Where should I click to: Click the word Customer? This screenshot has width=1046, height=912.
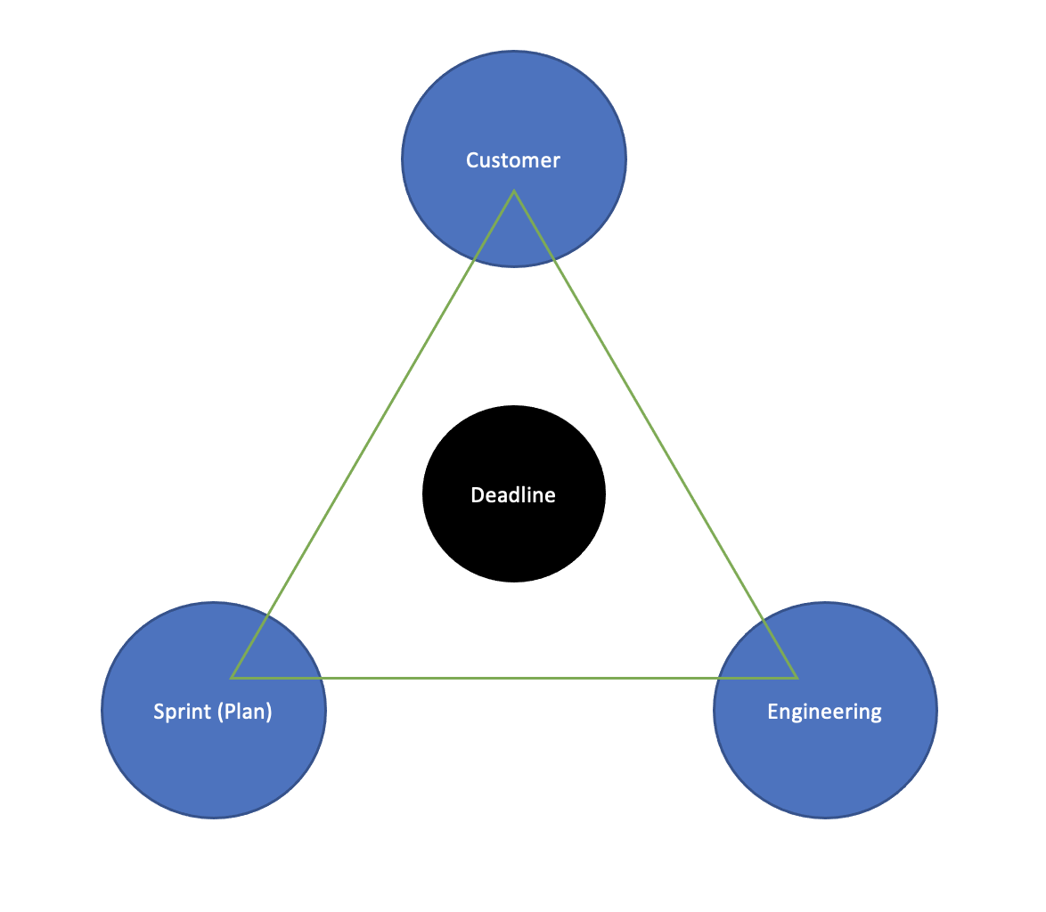point(513,160)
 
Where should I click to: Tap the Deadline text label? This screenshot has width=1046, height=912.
point(513,495)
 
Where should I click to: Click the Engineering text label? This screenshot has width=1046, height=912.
point(824,712)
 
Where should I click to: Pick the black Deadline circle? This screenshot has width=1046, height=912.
point(514,543)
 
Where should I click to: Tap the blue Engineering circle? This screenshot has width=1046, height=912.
point(824,766)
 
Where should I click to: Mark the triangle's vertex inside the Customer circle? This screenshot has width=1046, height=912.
point(514,191)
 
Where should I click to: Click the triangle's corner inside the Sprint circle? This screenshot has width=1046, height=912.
point(232,678)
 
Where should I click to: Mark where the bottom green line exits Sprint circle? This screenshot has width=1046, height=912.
point(322,678)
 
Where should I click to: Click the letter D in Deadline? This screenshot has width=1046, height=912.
point(476,495)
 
